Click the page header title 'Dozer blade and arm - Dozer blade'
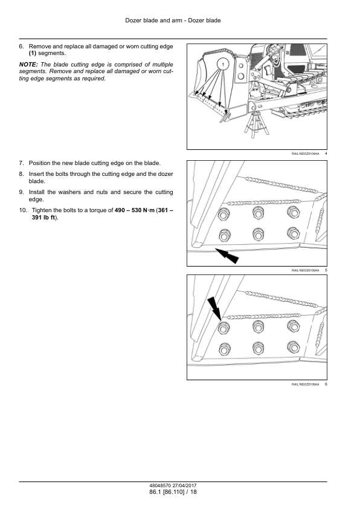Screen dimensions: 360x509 point(173,21)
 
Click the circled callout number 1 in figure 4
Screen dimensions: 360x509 point(223,64)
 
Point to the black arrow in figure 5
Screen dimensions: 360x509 point(227,256)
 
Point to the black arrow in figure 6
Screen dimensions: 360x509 point(214,308)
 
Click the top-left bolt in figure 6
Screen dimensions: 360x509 point(223,328)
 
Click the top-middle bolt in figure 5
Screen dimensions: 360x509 point(258,212)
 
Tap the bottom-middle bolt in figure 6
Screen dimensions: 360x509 point(258,348)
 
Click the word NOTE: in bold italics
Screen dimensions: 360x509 point(28,65)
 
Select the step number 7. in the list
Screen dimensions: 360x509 point(21,163)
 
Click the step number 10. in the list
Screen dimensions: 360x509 point(23,210)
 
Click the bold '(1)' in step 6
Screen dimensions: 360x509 point(33,53)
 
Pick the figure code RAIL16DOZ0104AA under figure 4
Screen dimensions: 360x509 point(305,154)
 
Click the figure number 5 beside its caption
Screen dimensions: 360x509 point(326,270)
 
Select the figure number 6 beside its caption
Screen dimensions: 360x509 point(326,384)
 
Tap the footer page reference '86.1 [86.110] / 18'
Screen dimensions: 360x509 point(173,492)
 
